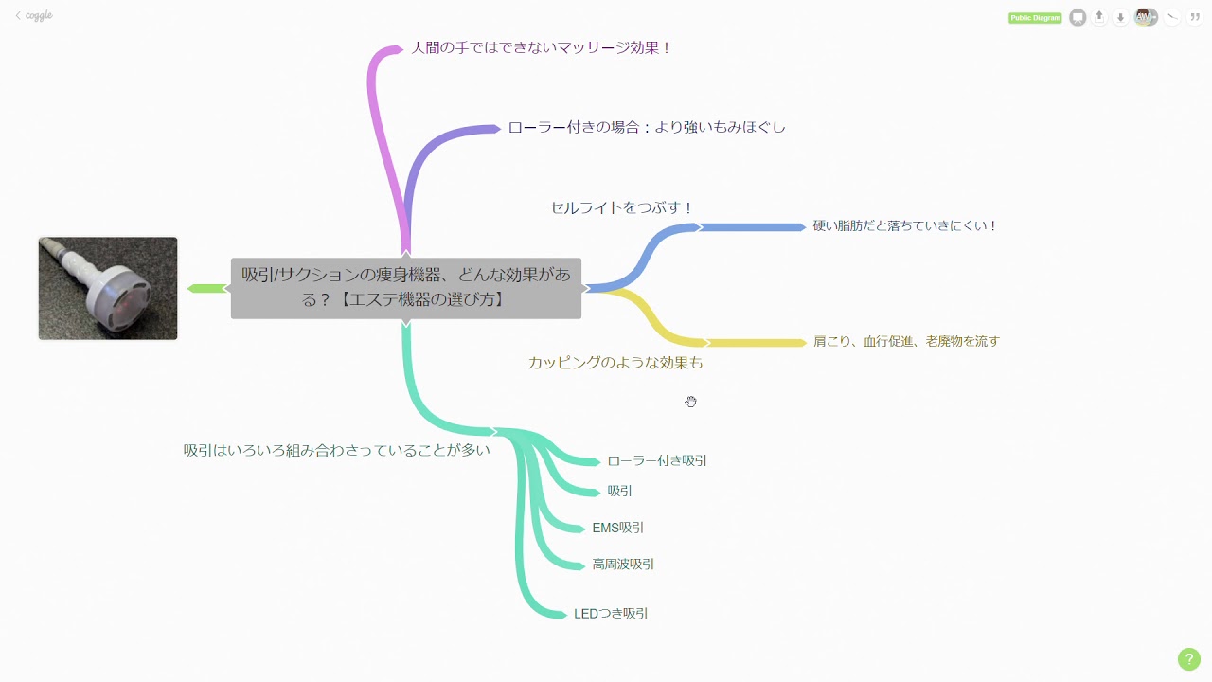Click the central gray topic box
pyautogui.click(x=405, y=288)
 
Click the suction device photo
pyautogui.click(x=108, y=288)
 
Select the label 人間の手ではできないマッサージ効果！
pyautogui.click(x=541, y=47)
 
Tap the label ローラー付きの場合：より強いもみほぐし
pyautogui.click(x=647, y=127)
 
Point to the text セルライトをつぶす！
pyautogui.click(x=621, y=207)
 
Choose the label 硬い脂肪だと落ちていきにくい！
pyautogui.click(x=904, y=226)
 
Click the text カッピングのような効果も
pyautogui.click(x=615, y=363)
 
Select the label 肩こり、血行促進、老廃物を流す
pyautogui.click(x=906, y=342)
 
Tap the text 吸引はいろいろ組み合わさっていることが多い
pyautogui.click(x=337, y=450)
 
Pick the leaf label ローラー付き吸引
pyautogui.click(x=657, y=461)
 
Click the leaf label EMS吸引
pyautogui.click(x=617, y=529)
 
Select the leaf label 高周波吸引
pyautogui.click(x=623, y=565)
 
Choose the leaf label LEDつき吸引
pyautogui.click(x=611, y=614)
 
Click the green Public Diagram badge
pyautogui.click(x=1035, y=18)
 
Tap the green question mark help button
pyautogui.click(x=1188, y=659)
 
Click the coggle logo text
pyautogui.click(x=38, y=16)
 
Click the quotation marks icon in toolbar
pyautogui.click(x=1194, y=17)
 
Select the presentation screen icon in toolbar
pyautogui.click(x=1078, y=17)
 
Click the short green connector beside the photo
pyautogui.click(x=205, y=288)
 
